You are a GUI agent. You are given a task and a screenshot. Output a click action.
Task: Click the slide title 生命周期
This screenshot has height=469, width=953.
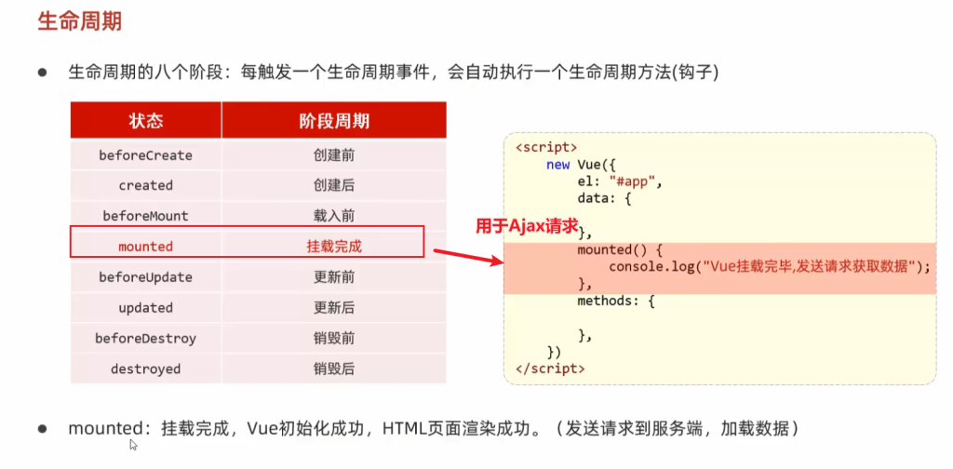tap(80, 21)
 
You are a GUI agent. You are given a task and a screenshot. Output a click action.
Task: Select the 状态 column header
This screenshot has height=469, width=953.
tap(146, 121)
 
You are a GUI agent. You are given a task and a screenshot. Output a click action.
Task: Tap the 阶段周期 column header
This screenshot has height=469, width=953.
tap(334, 121)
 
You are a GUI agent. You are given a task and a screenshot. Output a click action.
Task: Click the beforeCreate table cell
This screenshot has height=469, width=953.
tap(146, 155)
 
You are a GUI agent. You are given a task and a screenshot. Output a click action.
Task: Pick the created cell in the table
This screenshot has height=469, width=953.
tap(146, 185)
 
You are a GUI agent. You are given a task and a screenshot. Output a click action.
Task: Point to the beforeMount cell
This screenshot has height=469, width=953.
tap(146, 216)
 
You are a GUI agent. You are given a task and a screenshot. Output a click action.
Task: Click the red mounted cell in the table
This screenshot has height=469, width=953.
tap(146, 246)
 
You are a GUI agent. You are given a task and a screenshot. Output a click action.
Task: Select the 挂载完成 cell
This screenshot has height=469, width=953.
tap(334, 247)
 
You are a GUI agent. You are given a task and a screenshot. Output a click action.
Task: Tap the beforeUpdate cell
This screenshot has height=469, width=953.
tap(146, 277)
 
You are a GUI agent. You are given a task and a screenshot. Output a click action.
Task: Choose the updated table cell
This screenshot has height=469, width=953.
tap(146, 308)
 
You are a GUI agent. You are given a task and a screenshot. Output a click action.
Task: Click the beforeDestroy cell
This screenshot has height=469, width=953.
tap(146, 338)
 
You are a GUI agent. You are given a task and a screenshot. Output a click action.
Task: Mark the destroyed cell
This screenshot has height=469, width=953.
tap(146, 368)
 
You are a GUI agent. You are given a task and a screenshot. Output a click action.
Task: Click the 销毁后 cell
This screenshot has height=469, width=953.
tap(334, 368)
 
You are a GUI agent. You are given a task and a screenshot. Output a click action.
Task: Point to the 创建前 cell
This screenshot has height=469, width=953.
tap(334, 155)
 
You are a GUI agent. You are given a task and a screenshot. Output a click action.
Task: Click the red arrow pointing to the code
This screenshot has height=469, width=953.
tap(469, 257)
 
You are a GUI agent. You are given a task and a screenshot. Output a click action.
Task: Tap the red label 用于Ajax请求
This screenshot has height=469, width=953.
tap(527, 226)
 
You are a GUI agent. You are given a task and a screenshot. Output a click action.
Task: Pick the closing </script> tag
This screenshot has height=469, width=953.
tap(550, 368)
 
